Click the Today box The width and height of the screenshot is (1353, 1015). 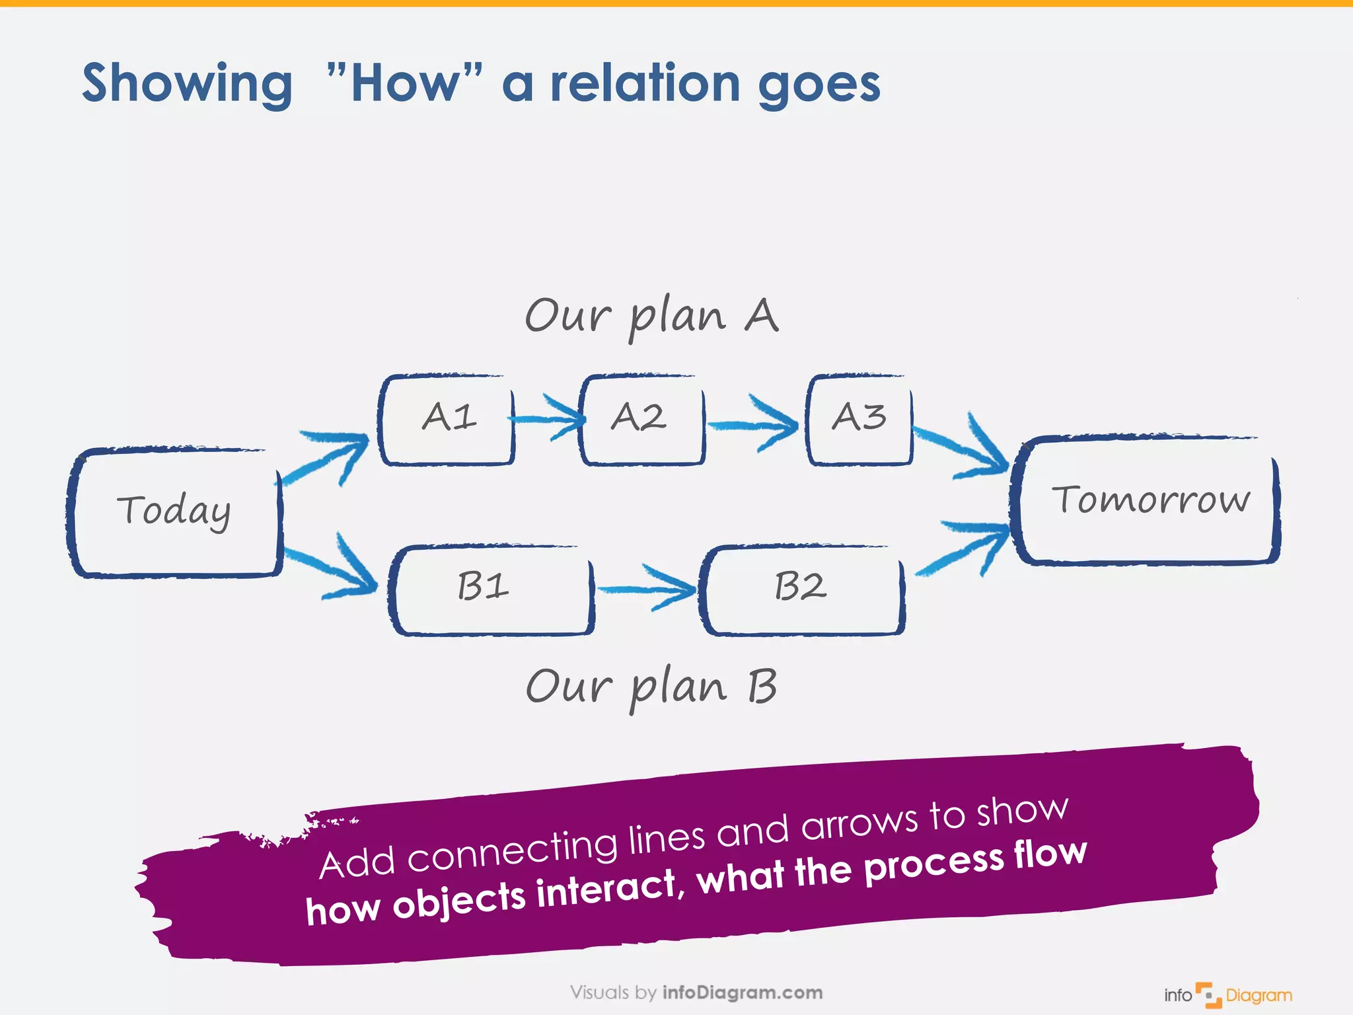pyautogui.click(x=175, y=512)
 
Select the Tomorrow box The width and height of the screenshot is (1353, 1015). pyautogui.click(x=1146, y=500)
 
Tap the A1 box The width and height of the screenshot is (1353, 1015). pyautogui.click(x=447, y=420)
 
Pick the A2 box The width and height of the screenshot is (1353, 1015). pyautogui.click(x=641, y=420)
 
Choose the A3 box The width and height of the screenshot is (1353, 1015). pyautogui.click(x=859, y=420)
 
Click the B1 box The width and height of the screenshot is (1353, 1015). pyautogui.click(x=491, y=589)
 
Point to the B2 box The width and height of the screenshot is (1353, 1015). pyautogui.click(x=801, y=589)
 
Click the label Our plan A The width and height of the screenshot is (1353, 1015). pyautogui.click(x=651, y=317)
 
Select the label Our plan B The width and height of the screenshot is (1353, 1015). pyautogui.click(x=651, y=687)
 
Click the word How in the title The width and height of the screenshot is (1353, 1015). pyautogui.click(x=404, y=84)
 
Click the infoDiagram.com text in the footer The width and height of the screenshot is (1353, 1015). pyautogui.click(x=742, y=993)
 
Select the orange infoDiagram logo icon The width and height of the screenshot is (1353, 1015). pyautogui.click(x=1208, y=995)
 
